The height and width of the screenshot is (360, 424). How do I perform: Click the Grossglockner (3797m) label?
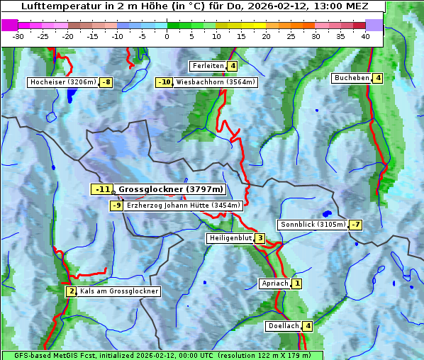[170, 189]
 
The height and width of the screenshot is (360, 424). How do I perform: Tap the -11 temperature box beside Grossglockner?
[102, 189]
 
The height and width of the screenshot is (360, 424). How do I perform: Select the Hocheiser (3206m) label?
[63, 82]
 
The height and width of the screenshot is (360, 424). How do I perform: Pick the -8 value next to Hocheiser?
[106, 82]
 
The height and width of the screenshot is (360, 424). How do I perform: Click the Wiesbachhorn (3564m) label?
[216, 82]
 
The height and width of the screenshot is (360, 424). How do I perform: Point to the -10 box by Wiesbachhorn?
[164, 82]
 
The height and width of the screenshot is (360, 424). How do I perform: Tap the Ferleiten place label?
[208, 66]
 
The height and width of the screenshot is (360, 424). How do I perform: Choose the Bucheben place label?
[352, 77]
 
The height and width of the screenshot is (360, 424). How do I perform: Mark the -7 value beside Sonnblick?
[356, 225]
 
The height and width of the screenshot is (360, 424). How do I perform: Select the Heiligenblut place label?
[230, 238]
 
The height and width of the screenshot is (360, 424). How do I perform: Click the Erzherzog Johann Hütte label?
[184, 206]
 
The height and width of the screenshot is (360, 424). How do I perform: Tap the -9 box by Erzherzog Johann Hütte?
[116, 206]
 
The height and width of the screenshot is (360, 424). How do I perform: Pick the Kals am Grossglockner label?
[118, 291]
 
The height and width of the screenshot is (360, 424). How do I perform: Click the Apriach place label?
[275, 283]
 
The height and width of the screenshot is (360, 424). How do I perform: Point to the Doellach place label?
[284, 326]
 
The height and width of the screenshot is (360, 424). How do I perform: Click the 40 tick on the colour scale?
[365, 36]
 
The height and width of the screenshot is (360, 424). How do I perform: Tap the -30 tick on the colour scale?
[18, 36]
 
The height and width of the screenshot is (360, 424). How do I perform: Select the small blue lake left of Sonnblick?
[326, 213]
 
